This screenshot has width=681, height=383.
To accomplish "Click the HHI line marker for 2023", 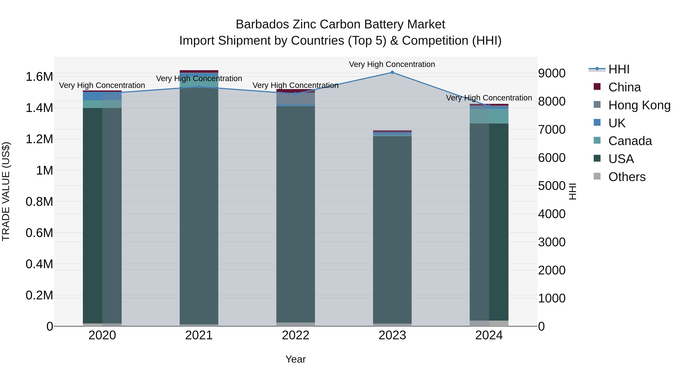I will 392,72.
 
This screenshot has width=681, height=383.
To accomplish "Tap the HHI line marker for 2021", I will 199,87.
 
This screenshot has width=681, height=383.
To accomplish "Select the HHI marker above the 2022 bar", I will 296,94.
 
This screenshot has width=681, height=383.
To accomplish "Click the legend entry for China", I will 624,87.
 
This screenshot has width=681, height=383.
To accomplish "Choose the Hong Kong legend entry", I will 639,105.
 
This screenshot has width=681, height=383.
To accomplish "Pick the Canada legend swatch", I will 597,140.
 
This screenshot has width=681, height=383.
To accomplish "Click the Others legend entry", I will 627,177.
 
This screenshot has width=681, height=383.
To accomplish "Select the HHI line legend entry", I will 619,69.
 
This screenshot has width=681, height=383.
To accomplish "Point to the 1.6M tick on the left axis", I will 39,77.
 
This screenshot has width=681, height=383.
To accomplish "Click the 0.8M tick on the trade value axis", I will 39,202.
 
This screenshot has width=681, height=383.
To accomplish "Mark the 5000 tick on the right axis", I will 552,186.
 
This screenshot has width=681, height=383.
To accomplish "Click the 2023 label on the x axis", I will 392,335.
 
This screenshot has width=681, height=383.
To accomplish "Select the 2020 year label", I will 102,335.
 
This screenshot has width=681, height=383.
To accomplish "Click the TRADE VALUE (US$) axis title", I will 6,191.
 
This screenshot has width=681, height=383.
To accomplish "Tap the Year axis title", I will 295,359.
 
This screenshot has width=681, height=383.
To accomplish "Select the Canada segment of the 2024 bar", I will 489,116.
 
